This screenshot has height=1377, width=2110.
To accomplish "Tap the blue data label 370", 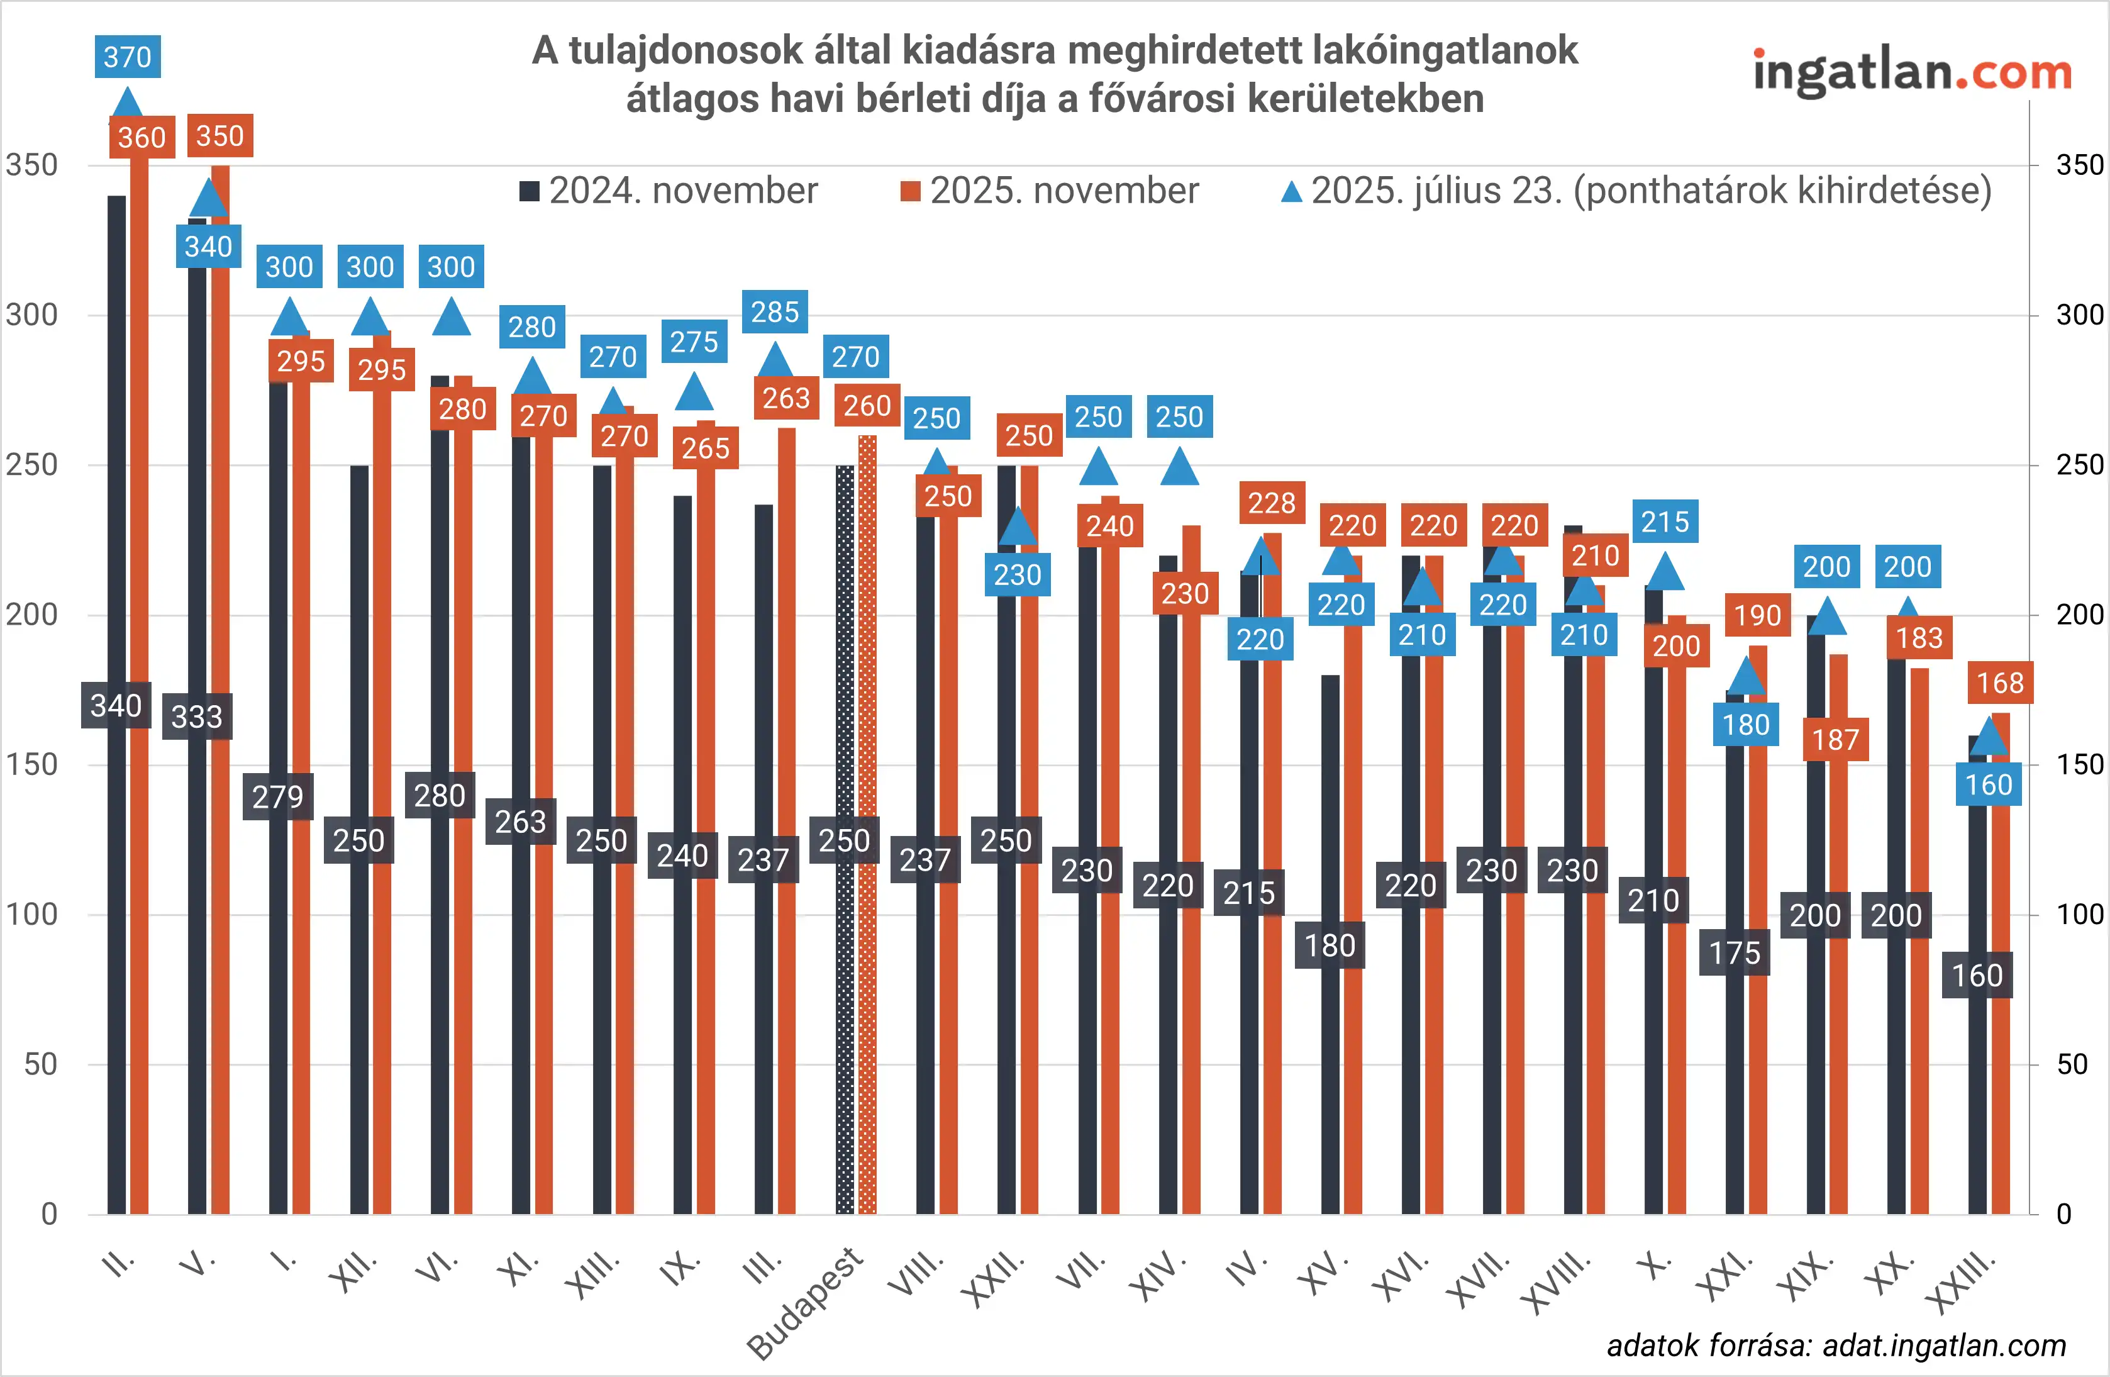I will coord(128,57).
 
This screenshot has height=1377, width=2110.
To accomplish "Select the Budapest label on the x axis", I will coord(805,1302).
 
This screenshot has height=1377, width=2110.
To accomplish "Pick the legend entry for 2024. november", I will coord(669,191).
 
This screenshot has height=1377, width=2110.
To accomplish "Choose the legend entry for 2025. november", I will coord(1050,191).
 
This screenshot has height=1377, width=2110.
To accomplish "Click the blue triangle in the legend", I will coord(1292,191).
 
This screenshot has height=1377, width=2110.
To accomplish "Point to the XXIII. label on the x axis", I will coord(1963,1282).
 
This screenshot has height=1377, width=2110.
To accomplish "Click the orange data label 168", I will coord(2000,683).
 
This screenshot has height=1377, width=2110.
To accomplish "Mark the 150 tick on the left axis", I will coord(32,764).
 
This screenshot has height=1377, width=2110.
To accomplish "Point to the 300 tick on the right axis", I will coord(2079,315).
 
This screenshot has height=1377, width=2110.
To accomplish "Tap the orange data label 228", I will coord(1271,503).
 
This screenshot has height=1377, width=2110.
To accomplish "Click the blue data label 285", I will coord(775,312).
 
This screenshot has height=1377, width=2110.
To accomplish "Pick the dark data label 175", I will coord(1734,953).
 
